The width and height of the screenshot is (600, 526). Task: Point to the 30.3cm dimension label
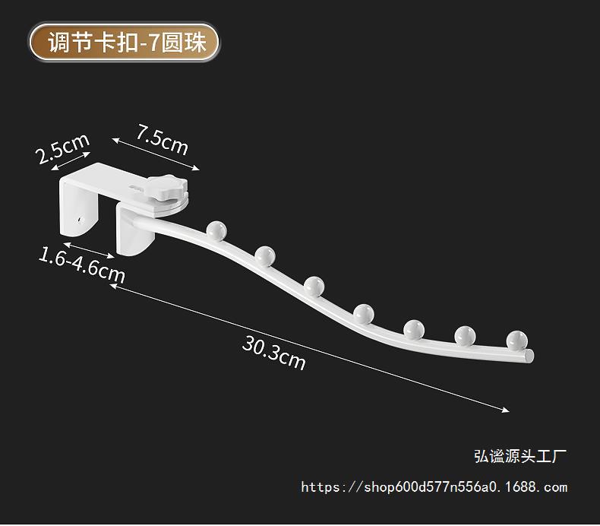click(274, 352)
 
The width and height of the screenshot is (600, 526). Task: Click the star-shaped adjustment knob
click(164, 186)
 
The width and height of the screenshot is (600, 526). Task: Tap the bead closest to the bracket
click(215, 228)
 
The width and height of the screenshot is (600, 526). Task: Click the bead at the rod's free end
click(516, 339)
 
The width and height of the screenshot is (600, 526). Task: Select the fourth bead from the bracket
click(364, 312)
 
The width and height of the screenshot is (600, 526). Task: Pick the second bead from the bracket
click(265, 255)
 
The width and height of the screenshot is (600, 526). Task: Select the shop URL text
click(434, 487)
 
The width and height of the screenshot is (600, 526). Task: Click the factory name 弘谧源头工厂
click(519, 456)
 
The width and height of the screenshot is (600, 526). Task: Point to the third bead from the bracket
click(314, 286)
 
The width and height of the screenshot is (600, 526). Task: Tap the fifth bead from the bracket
click(414, 328)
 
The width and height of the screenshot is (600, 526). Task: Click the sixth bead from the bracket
click(465, 334)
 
